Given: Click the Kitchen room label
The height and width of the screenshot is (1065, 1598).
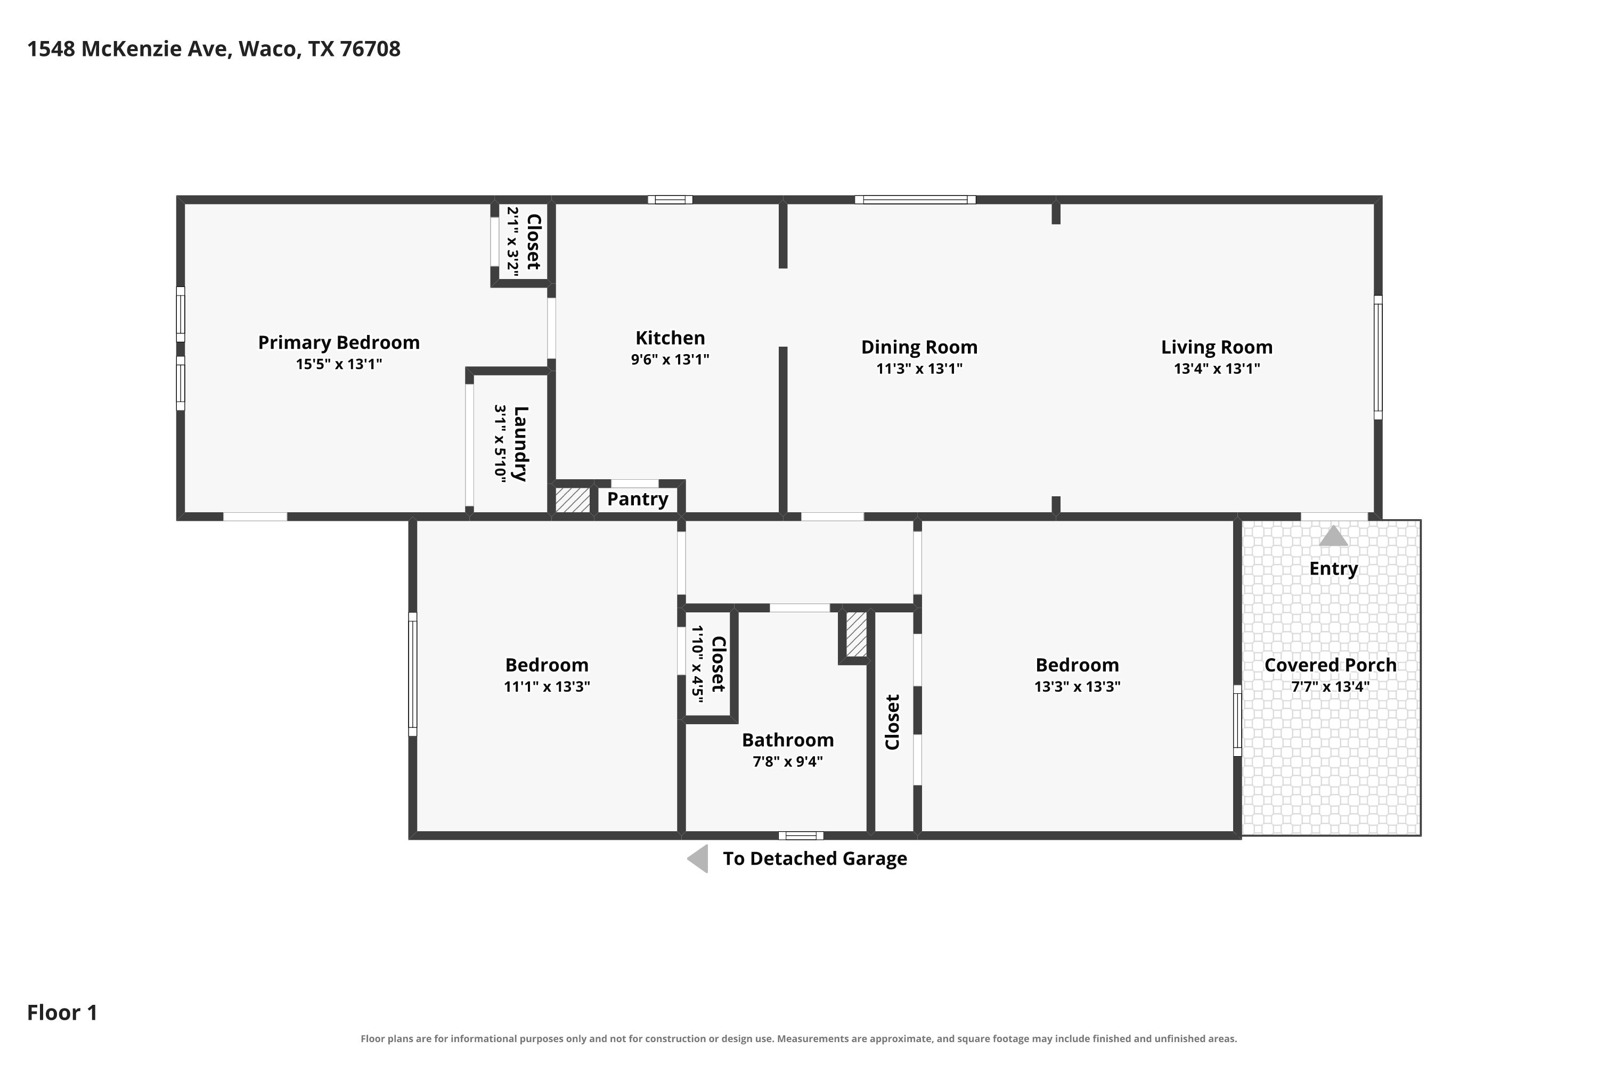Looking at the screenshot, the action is tap(670, 338).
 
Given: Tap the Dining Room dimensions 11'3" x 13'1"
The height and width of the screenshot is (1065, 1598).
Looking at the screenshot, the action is tap(919, 369).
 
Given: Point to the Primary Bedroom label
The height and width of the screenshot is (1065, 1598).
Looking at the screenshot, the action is tap(338, 342).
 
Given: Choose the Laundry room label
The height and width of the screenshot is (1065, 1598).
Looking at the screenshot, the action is tap(520, 444).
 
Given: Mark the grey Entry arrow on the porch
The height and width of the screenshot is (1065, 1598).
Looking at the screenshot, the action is tap(1333, 536).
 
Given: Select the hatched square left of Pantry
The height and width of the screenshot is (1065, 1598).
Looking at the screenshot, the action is tap(573, 500).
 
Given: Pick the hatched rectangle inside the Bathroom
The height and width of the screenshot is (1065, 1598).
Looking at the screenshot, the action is tap(856, 634).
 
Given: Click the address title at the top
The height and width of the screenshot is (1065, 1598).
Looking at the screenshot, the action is tap(214, 49).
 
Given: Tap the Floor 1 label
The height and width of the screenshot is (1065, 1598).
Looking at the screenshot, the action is tap(62, 1013).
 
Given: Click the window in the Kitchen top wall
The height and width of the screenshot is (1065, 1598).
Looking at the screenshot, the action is tap(670, 200).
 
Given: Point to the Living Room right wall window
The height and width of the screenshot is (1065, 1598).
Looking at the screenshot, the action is tap(1378, 357).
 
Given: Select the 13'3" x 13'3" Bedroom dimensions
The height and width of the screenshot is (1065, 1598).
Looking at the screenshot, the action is tap(1077, 687).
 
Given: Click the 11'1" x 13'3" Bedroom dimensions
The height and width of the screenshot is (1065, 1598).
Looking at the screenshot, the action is tap(547, 687).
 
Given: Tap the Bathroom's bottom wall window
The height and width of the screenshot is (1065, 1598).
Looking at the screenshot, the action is tap(801, 835).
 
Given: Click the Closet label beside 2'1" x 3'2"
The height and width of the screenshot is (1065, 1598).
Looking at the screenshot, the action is tap(533, 242).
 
